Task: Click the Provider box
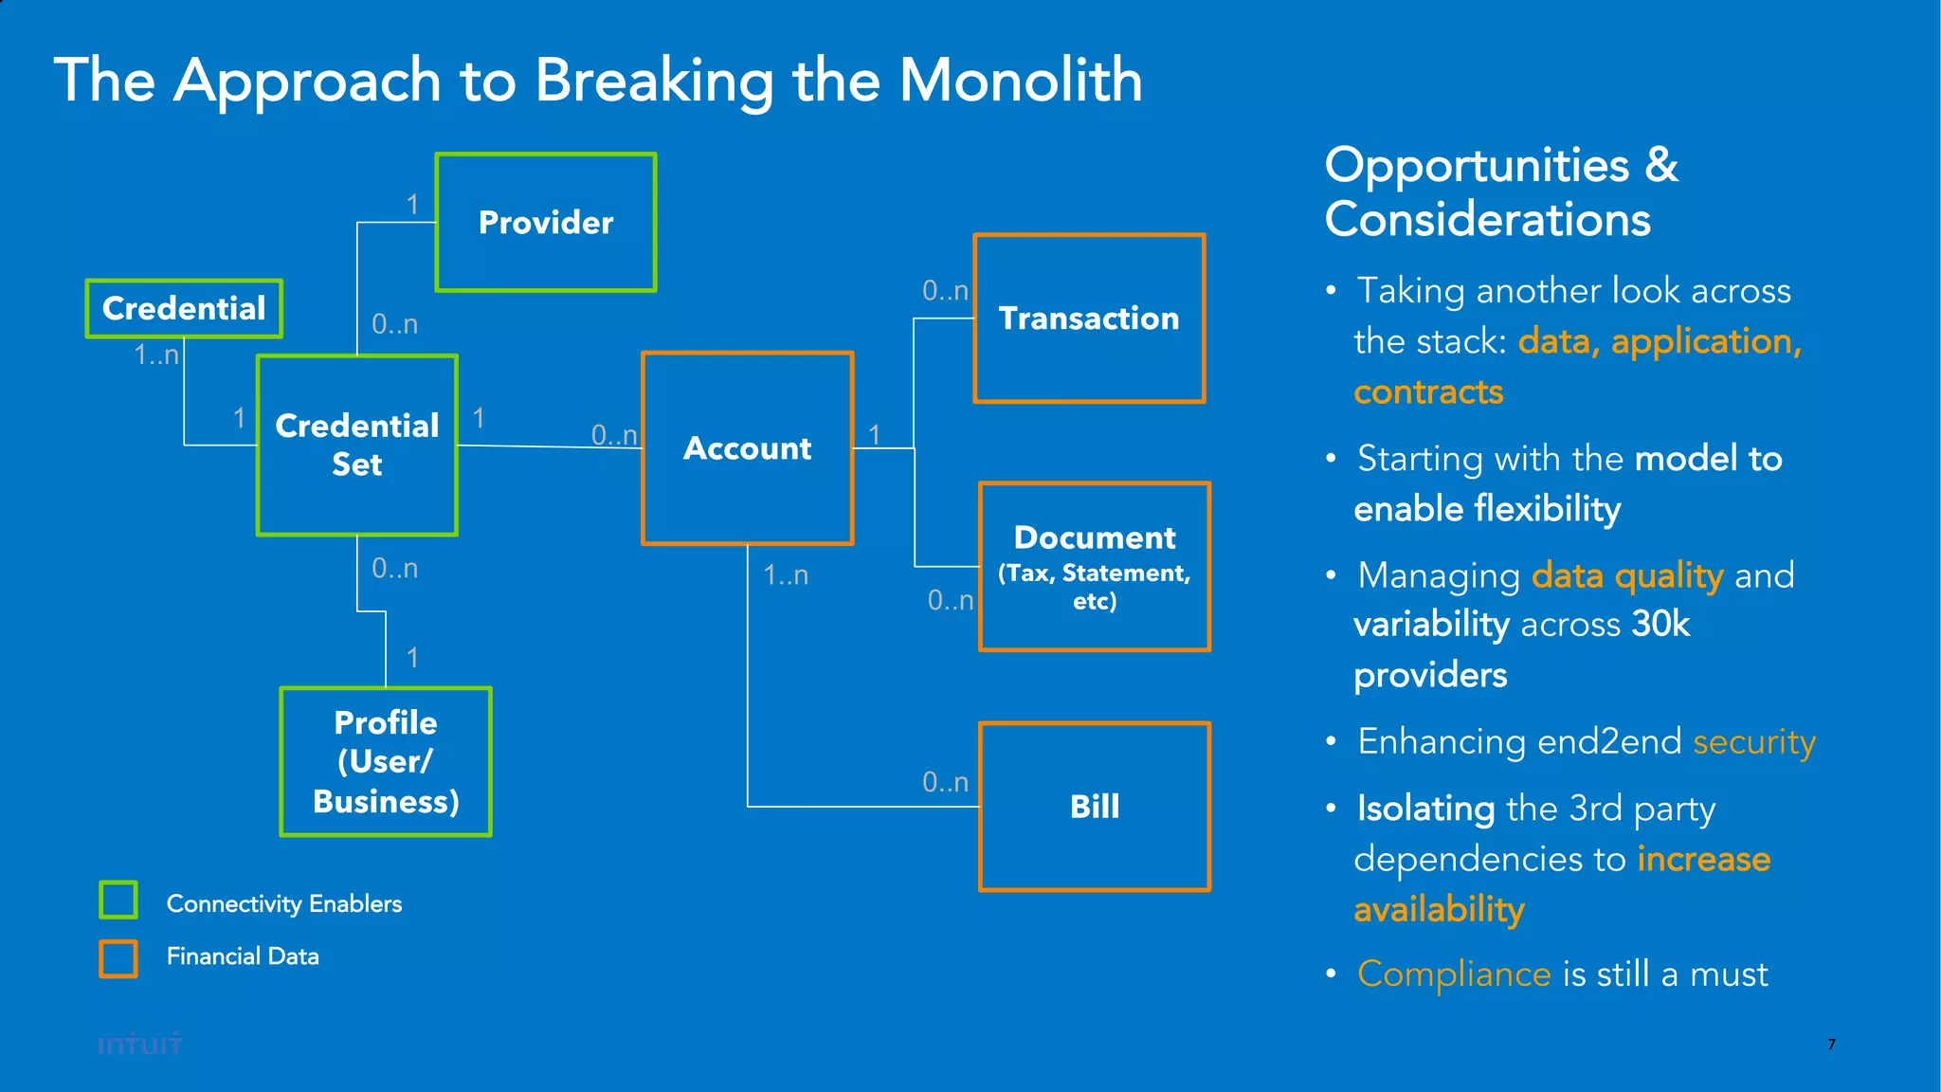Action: click(546, 223)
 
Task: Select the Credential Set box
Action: click(357, 446)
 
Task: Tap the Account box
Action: click(747, 448)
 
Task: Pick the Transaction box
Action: click(1089, 318)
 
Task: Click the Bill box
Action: click(1095, 807)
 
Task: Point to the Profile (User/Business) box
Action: click(386, 762)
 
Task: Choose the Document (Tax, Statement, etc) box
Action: click(1095, 567)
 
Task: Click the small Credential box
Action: click(184, 309)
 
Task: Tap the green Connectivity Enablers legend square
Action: click(118, 900)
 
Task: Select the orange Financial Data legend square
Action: click(118, 958)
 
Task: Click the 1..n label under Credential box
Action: click(156, 355)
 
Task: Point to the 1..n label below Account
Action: click(786, 575)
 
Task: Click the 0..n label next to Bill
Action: click(945, 782)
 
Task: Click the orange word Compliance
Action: click(1453, 974)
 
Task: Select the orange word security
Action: click(1753, 741)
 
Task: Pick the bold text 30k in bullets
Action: click(1660, 624)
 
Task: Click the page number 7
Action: click(1831, 1044)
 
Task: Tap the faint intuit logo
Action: click(139, 1044)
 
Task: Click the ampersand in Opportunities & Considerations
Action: click(1660, 166)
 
